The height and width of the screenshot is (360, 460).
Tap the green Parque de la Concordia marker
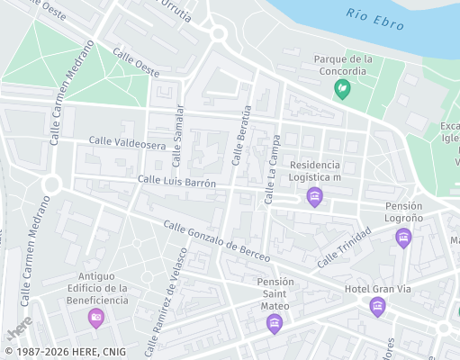pos(342,88)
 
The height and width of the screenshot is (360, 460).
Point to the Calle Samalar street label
pos(178,135)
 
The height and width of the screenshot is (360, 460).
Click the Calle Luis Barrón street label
pos(177,182)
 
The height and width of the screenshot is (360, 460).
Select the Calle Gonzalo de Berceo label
pos(217,239)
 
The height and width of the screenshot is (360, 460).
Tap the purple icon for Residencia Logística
pos(314,197)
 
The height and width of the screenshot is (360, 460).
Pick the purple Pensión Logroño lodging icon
pos(403,238)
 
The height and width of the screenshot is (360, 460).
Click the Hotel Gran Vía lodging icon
pos(377,307)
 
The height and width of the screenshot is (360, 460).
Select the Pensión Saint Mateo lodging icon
pos(275,324)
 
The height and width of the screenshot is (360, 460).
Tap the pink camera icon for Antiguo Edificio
pos(96,317)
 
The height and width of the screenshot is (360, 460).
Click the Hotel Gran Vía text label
pos(377,289)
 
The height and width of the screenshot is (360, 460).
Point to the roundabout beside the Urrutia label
pos(218,34)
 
